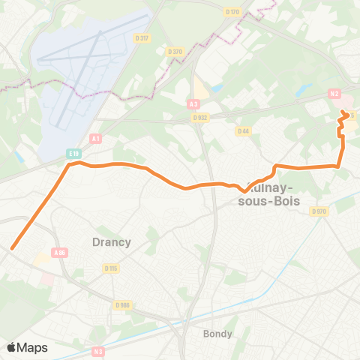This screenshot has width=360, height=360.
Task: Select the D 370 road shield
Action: point(175,51)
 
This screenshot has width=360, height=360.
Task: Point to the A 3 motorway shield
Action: point(194,104)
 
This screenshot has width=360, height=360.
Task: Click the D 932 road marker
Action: point(199,117)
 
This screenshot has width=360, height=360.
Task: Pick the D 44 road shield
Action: point(242,130)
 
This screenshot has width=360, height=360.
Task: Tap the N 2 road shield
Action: point(334,94)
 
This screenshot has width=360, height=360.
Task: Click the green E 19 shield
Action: point(73,154)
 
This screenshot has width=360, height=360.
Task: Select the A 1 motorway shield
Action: point(95,138)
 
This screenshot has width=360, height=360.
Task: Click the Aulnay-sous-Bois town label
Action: point(268,194)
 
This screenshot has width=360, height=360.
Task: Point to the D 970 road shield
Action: point(319,211)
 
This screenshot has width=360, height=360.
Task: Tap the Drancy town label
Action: point(111,241)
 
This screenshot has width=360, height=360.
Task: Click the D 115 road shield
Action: point(112,268)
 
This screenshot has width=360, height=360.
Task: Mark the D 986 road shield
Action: point(122,304)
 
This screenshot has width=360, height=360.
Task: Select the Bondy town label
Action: point(217,333)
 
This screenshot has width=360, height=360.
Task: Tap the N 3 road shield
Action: point(98,351)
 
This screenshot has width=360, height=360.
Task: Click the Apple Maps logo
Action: point(27,347)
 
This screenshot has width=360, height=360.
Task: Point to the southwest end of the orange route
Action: point(12,247)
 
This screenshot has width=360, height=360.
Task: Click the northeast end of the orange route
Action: point(343,112)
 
